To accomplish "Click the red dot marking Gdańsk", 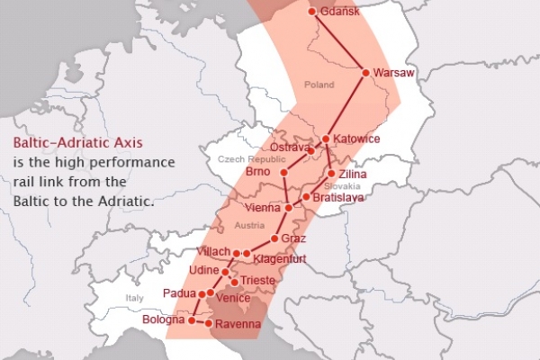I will coord(312,12).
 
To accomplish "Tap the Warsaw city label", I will coord(394,75).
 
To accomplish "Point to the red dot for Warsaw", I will coord(365,72).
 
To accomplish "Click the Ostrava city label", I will coord(289,147).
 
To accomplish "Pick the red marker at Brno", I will coord(283,171).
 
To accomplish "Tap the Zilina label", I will coord(352,174).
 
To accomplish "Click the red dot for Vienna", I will coord(288,207).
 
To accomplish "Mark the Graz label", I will coord(294,238).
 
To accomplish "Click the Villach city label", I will coord(213,252).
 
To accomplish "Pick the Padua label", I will coord(179,292).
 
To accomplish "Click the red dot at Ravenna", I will coord(209,322).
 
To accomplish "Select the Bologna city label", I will coord(163,319).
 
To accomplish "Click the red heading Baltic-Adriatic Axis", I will coord(77,142).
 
